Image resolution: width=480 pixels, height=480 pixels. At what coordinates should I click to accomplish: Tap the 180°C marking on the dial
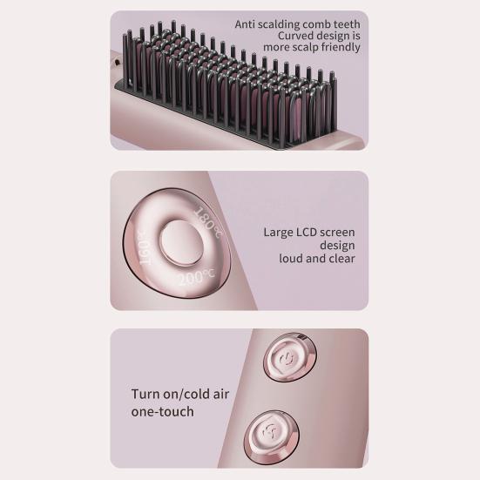coord(209,218)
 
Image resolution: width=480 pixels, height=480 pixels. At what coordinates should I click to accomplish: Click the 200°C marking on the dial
coord(198,276)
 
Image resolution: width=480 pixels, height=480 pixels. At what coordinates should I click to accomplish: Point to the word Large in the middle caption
coord(280,233)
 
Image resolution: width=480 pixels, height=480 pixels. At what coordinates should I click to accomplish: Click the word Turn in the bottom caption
coord(146,394)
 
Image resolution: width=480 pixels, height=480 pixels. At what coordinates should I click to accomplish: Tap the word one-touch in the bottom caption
coord(163,411)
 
